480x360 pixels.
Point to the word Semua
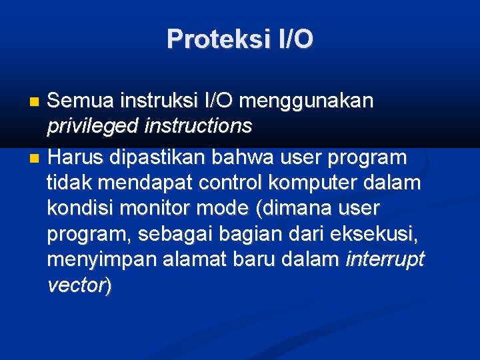point(80,101)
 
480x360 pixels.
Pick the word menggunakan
point(306,101)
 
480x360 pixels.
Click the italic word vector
point(76,285)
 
